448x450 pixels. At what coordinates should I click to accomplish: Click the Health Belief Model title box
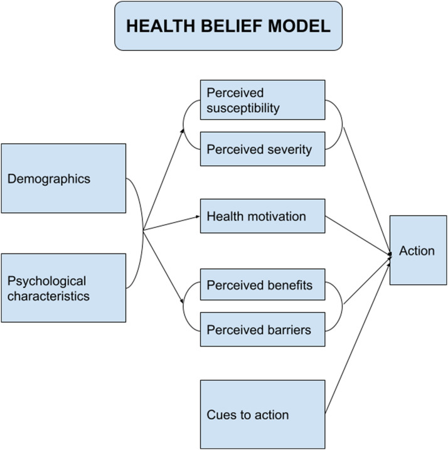(x=228, y=26)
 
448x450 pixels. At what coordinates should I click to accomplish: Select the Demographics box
(x=63, y=178)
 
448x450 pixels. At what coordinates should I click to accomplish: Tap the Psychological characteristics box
(x=63, y=287)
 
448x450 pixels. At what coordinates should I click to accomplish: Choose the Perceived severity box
(x=262, y=149)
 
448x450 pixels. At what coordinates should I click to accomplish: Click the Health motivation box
(x=262, y=217)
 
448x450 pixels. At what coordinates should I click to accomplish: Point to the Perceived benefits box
(x=262, y=286)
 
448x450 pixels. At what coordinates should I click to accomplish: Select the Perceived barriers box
(x=262, y=329)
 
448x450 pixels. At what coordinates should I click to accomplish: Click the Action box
(x=418, y=250)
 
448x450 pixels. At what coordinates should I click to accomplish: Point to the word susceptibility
(x=243, y=108)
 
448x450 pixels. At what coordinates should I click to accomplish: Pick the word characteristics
(x=48, y=296)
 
